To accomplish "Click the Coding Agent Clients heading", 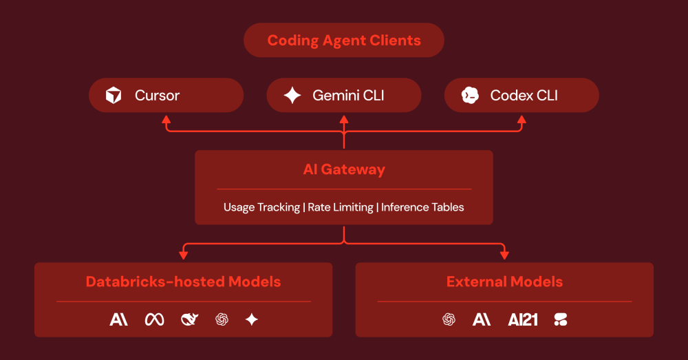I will pos(344,41).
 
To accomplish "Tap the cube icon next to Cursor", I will pos(114,96).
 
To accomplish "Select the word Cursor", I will pos(157,96).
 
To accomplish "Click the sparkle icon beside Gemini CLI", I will pos(292,96).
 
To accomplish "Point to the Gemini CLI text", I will pos(348,96).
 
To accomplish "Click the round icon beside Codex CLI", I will pos(470,96).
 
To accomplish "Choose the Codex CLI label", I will pos(524,96).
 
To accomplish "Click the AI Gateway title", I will pos(344,169).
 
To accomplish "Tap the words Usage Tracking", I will pos(261,207).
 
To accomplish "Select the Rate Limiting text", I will pos(341,207).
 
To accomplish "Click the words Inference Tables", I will pos(422,207).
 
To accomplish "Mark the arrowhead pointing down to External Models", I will pos(504,255).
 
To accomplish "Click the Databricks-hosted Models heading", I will pos(183,282).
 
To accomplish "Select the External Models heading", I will pos(504,282).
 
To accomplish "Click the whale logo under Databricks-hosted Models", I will pos(189,319).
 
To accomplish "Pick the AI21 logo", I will pos(523,319).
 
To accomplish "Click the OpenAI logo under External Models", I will pos(449,319).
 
